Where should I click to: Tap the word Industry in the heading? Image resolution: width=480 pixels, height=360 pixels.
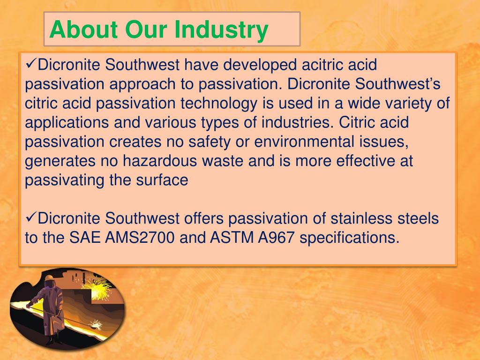coord(221,30)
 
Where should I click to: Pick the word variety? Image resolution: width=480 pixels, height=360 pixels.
coord(402,103)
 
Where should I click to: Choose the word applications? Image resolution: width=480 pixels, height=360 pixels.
coord(66,123)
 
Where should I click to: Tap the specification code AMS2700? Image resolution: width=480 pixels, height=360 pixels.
coord(140,238)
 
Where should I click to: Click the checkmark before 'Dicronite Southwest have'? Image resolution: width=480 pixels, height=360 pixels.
coord(31,64)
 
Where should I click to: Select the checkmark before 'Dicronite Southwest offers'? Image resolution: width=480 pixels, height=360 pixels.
coord(31,217)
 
